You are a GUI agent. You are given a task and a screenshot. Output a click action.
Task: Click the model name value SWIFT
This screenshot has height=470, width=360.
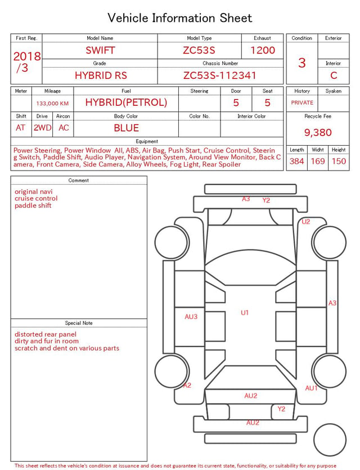[100, 50]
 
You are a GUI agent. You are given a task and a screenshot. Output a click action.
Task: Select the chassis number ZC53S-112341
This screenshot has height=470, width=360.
[220, 75]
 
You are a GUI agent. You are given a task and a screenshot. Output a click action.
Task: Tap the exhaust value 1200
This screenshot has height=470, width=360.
[263, 50]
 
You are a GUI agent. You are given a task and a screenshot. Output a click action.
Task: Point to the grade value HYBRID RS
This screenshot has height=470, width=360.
[101, 75]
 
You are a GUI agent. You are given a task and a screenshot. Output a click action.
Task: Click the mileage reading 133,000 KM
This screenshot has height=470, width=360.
[52, 104]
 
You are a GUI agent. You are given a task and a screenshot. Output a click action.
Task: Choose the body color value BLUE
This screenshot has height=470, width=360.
[127, 128]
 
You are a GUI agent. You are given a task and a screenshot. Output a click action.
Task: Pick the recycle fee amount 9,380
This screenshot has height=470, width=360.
[318, 132]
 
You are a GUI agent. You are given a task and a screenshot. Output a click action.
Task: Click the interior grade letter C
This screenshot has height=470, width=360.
[334, 75]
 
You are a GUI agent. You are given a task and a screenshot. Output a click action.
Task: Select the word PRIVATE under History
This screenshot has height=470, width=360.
[302, 103]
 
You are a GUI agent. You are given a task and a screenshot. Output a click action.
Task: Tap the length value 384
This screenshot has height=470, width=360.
[297, 162]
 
